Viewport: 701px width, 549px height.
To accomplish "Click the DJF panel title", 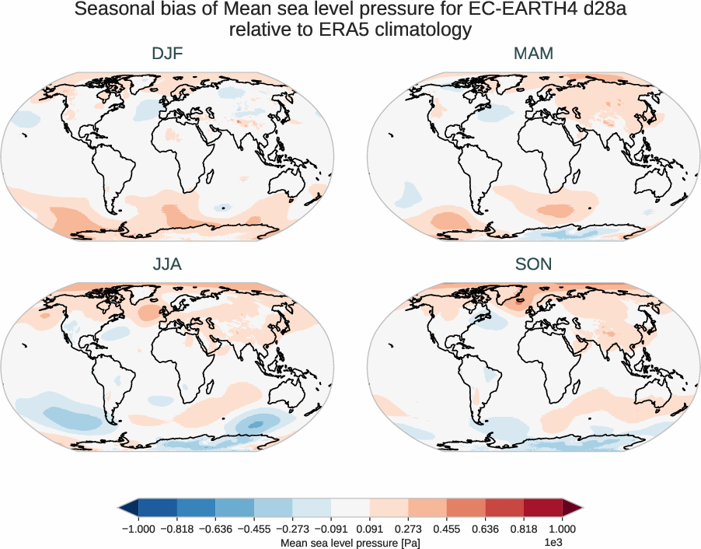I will pyautogui.click(x=167, y=54).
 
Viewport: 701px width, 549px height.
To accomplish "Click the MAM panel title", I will pyautogui.click(x=533, y=54).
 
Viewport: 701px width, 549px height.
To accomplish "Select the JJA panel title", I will pyautogui.click(x=167, y=264).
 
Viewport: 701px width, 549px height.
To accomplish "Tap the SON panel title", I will pyautogui.click(x=533, y=264).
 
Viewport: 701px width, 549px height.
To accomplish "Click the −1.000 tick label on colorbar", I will pyautogui.click(x=138, y=528).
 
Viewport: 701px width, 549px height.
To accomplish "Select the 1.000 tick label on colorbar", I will pyautogui.click(x=562, y=528).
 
